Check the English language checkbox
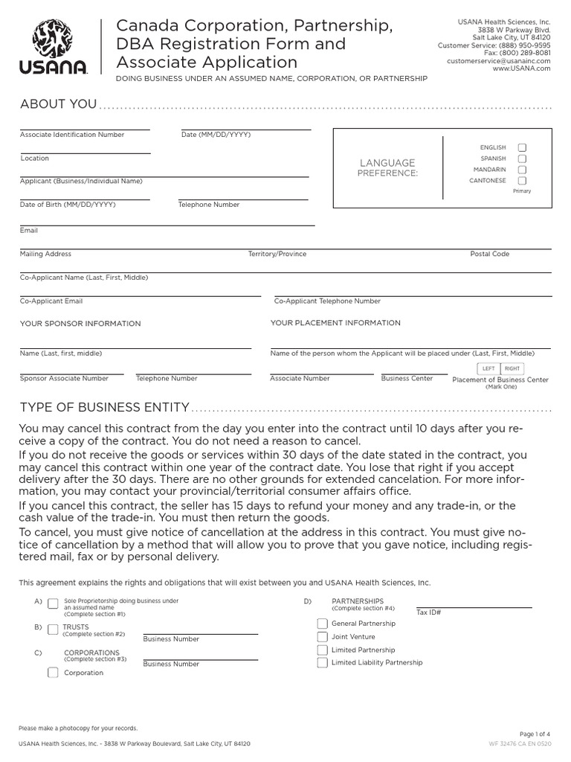point(522,148)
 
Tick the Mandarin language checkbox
point(522,170)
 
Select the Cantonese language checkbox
point(522,181)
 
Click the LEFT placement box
point(488,368)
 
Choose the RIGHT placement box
point(512,368)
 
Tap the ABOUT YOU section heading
point(58,104)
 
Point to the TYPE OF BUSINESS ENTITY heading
point(104,408)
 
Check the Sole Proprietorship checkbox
point(53,603)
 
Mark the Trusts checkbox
point(53,630)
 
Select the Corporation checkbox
point(53,673)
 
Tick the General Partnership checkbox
point(322,624)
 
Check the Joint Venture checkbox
point(322,637)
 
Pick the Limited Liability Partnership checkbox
point(322,662)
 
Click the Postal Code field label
point(489,254)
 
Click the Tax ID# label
point(429,612)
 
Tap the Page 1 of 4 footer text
point(535,734)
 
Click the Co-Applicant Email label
point(51,301)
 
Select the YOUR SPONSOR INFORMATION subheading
point(80,324)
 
